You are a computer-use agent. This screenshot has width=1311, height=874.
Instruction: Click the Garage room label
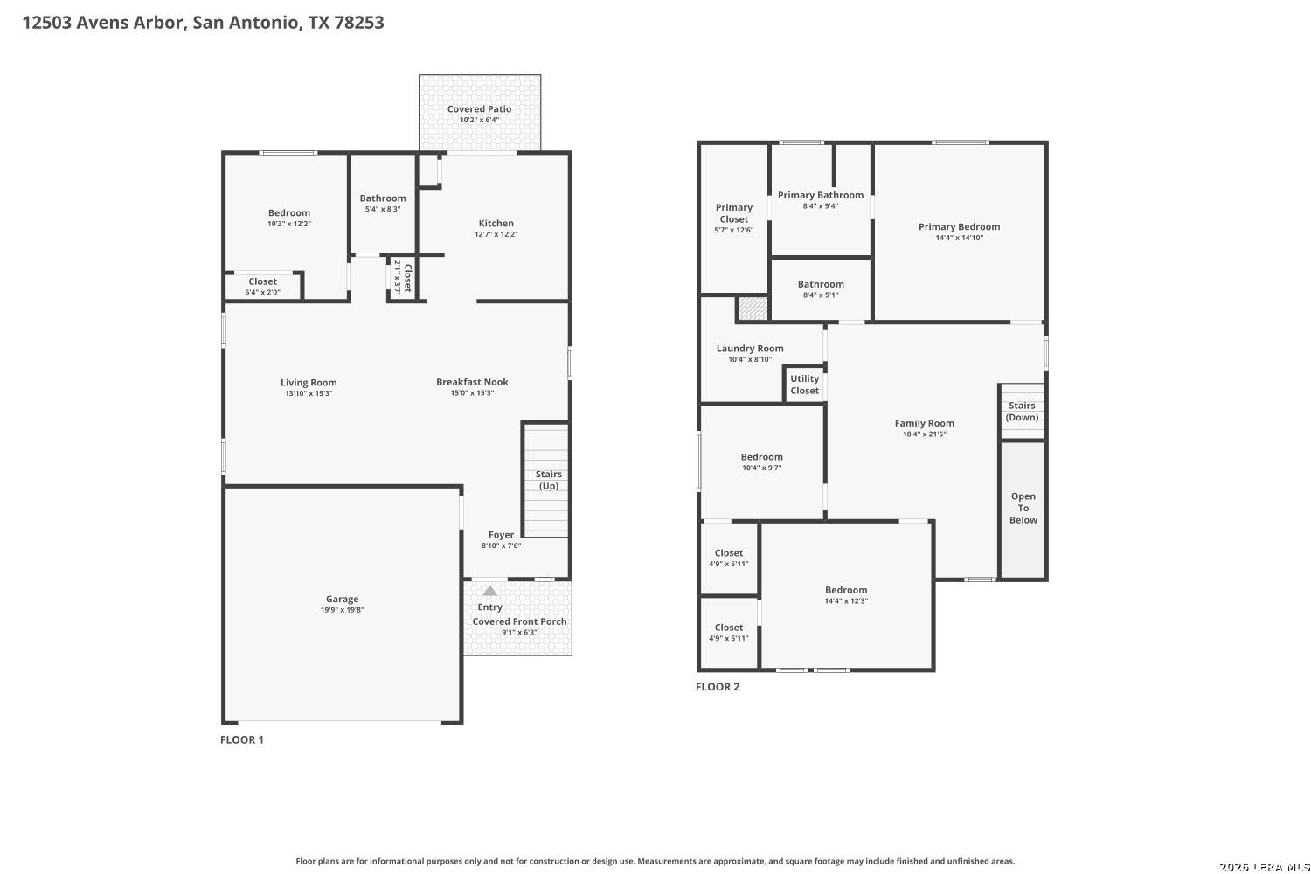coord(343,599)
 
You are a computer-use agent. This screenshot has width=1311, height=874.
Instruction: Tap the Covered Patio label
coord(479,109)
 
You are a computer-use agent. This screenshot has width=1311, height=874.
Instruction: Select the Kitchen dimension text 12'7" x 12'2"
coord(496,234)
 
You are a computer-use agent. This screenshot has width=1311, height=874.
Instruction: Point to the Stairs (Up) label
coord(548,480)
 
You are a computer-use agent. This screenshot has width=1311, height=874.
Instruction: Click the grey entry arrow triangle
coord(489,591)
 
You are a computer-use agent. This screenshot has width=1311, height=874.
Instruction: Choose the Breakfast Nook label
coord(472,382)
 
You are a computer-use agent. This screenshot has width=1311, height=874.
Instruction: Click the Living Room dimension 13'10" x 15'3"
coord(309,393)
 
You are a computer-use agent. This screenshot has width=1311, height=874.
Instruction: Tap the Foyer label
coord(501,535)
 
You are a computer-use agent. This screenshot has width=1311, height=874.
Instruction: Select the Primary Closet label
coord(734,213)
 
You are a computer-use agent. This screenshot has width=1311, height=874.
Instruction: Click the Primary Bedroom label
coord(960,226)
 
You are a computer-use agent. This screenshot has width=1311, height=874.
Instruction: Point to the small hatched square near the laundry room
coord(753,308)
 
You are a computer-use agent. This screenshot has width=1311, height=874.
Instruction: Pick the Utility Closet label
coord(805,385)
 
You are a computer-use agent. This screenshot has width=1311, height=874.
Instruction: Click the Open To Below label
coord(1023,508)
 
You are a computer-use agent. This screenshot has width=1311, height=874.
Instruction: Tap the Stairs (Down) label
coord(1022,411)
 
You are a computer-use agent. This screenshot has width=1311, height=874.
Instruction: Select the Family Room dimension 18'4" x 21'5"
coord(924,434)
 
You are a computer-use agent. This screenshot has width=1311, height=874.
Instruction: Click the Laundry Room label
coord(750,349)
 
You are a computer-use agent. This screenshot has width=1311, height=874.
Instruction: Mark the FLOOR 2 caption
coord(718,687)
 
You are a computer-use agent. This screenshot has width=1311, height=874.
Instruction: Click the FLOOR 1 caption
coord(242,739)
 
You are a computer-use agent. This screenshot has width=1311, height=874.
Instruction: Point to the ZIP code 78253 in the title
coord(358,22)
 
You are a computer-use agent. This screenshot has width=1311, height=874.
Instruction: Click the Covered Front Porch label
coord(519,621)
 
